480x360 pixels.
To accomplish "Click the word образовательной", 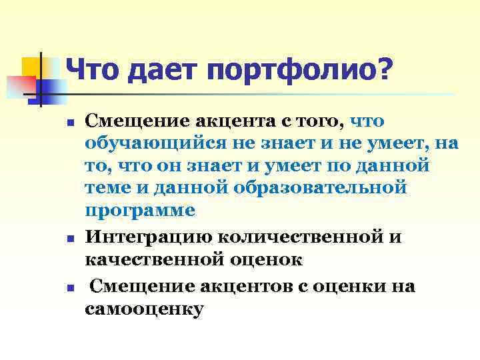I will (320, 187).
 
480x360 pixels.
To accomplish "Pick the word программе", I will (140, 210).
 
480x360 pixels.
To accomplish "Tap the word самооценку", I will (144, 309).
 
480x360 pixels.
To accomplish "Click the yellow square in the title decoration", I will (33, 67).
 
